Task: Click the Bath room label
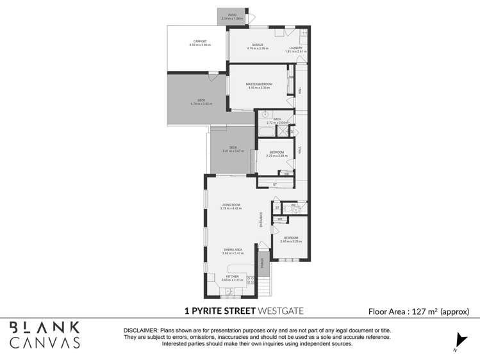click(x=277, y=120)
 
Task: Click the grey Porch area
click(x=261, y=263)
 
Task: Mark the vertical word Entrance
click(x=261, y=220)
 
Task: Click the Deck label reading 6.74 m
click(x=201, y=102)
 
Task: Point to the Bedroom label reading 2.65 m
click(x=291, y=240)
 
